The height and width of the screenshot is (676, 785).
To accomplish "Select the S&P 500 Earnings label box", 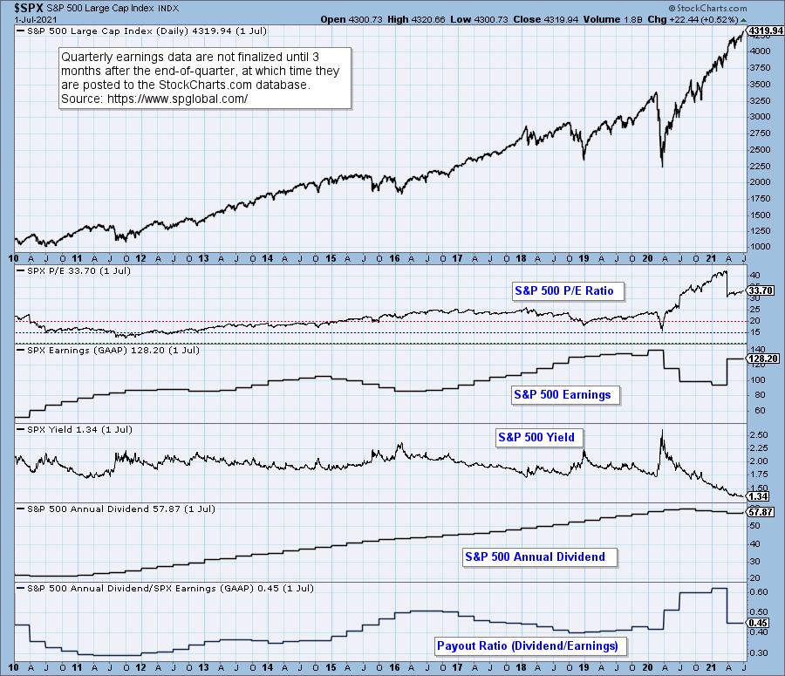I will coord(562,394).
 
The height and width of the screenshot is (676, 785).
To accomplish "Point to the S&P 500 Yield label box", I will coord(539,437).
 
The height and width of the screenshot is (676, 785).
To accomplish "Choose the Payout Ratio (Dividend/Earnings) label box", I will coord(527,645).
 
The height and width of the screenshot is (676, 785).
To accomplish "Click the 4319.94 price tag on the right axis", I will coord(765,31).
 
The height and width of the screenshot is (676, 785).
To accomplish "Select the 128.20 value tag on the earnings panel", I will coord(760,358).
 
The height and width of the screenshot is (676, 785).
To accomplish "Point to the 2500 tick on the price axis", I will coord(756,149).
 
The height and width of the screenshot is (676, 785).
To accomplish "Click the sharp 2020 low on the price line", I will coord(662,166).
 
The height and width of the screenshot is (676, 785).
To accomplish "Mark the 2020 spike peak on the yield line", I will coord(662,430).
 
